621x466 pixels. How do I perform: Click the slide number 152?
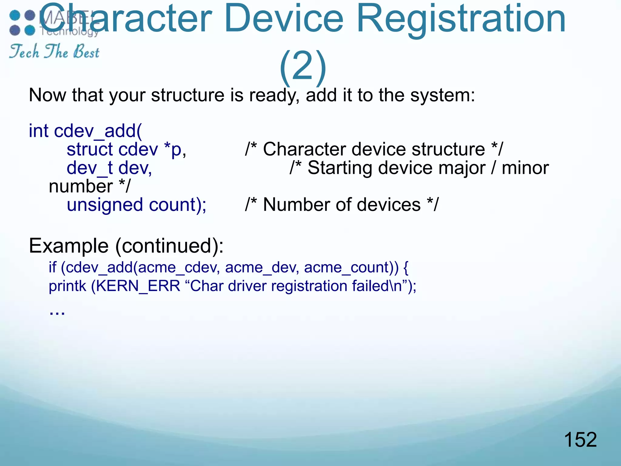(x=580, y=440)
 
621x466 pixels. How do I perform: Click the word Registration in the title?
(x=461, y=19)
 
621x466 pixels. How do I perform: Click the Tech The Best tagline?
(x=54, y=51)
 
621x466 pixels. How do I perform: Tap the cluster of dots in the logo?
(x=22, y=23)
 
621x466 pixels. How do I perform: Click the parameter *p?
(x=175, y=150)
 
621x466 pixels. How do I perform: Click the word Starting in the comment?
(x=340, y=168)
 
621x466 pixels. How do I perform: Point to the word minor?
(x=525, y=168)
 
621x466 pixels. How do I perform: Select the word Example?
(x=69, y=246)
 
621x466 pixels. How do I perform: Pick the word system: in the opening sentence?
(x=442, y=95)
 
